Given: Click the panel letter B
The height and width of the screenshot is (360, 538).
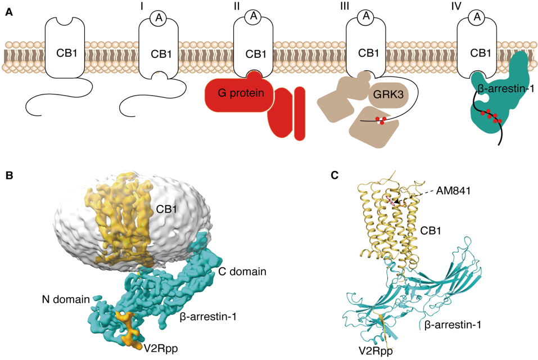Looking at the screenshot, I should [8, 175].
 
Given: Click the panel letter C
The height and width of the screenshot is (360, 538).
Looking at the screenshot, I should [335, 175].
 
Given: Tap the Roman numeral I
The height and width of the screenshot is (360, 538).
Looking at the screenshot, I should [159, 6].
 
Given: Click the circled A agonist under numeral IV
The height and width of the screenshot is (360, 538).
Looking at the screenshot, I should [478, 17].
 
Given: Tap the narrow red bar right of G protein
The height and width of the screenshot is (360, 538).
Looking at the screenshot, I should [299, 112].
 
